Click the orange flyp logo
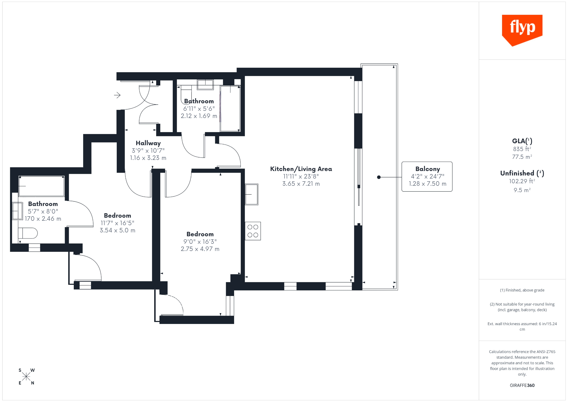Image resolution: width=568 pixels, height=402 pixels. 522,29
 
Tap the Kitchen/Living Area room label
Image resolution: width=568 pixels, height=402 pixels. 301,169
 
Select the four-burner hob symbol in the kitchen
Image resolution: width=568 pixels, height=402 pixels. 253,231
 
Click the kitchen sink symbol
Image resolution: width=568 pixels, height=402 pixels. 252,194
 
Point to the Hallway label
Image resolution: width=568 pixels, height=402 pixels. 148,143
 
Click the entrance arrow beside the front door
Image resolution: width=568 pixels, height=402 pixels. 117,95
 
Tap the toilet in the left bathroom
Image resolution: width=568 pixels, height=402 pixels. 28,233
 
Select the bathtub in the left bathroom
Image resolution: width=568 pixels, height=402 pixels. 41,186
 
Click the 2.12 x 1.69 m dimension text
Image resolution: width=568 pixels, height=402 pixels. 199,116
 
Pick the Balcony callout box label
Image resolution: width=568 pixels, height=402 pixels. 427,169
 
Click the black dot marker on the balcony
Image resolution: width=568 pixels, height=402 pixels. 379,177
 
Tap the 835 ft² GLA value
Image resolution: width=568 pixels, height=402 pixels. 522,149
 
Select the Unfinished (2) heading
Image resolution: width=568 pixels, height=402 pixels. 522,173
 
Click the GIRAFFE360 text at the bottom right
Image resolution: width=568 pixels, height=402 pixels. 522,385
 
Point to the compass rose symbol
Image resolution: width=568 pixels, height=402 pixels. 26,376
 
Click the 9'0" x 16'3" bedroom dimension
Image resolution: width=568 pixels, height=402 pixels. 200,242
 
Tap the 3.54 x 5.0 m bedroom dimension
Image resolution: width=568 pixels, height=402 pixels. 117,230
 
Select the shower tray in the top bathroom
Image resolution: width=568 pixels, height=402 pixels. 230,109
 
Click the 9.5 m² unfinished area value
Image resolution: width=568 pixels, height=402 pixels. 522,190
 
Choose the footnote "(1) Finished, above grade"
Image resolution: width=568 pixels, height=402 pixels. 522,290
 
